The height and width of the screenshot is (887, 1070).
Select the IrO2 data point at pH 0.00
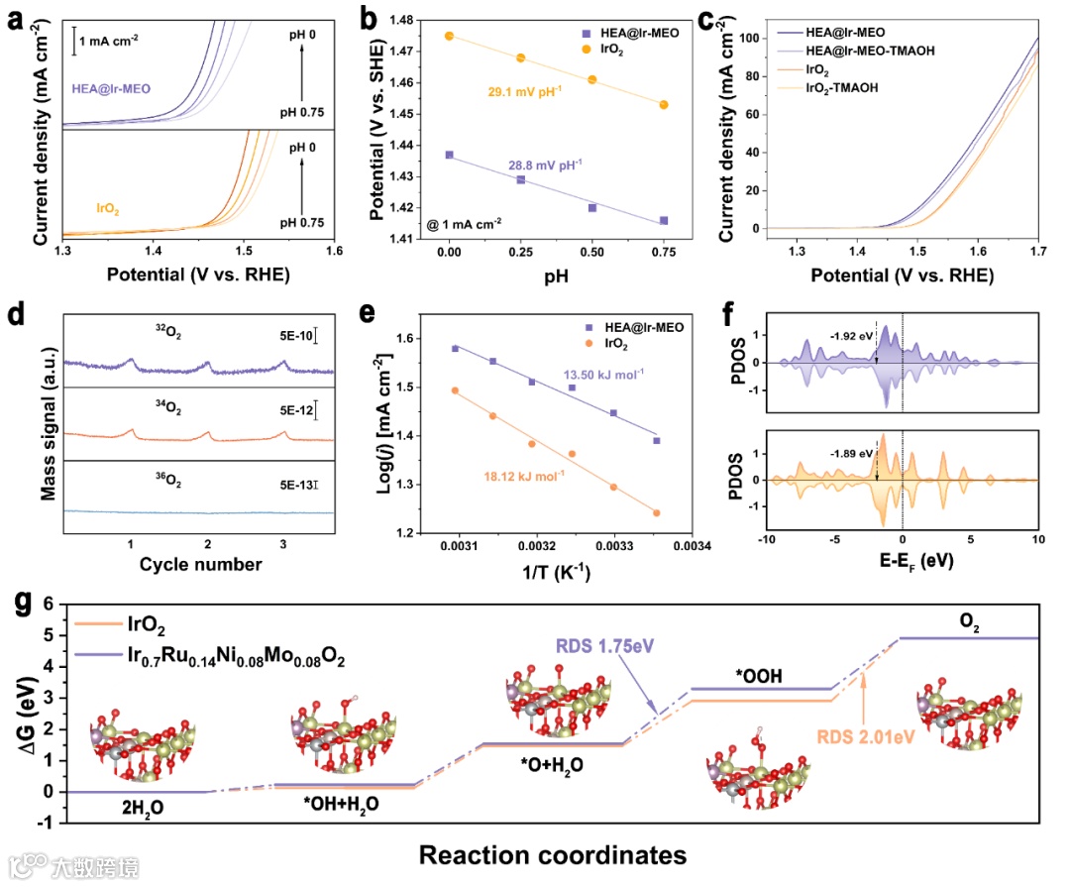point(449,36)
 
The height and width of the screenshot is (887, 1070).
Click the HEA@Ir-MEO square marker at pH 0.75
point(664,220)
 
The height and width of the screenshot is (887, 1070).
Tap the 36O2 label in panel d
point(161,485)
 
